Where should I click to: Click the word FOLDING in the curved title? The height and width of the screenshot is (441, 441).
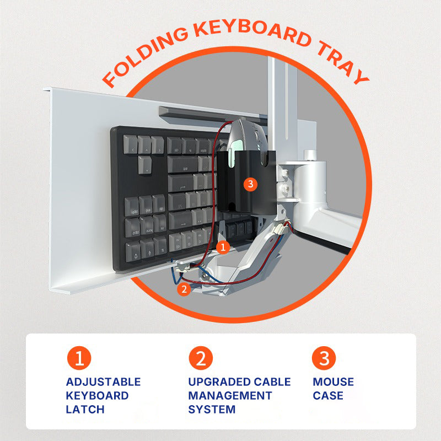[146, 56]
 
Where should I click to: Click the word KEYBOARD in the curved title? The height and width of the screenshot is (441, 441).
[252, 31]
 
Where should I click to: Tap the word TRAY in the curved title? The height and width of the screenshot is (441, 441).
[342, 62]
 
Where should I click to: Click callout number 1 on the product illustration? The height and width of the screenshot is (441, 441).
[223, 247]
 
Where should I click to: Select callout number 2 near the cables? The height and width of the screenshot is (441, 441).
[184, 289]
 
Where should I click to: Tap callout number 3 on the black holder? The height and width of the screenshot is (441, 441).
[250, 184]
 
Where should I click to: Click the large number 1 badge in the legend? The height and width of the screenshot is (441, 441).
[79, 358]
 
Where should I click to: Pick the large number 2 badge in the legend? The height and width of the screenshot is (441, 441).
[201, 358]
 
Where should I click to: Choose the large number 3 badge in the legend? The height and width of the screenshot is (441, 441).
[324, 358]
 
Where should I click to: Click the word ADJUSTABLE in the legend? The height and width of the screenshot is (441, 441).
[103, 382]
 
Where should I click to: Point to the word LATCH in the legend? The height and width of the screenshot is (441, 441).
[85, 409]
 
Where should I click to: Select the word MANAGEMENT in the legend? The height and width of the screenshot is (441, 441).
[230, 396]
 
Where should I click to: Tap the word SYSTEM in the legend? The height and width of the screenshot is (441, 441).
[212, 409]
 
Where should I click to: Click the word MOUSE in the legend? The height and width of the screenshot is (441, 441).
[334, 382]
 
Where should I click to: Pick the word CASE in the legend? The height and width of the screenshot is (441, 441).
[328, 396]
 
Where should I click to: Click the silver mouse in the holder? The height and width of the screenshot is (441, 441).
[247, 138]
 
